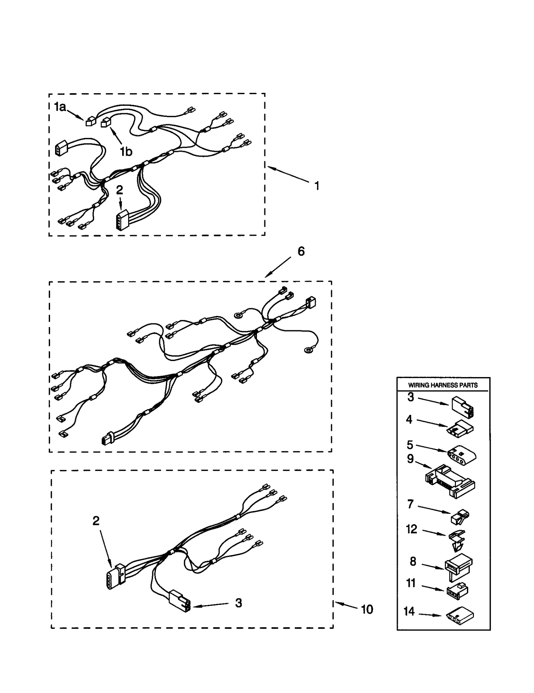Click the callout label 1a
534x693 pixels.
pos(60,107)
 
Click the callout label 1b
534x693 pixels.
pos(126,152)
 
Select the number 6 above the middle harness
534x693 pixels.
pos(301,251)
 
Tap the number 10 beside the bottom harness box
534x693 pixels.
pos(367,610)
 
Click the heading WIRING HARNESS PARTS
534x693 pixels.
pos(443,385)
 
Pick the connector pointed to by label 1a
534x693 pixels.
pos(90,122)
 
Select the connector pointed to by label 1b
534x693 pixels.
pos(105,123)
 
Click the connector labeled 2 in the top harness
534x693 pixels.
pos(121,220)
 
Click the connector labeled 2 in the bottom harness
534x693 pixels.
pos(115,577)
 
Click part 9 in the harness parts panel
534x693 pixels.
pos(450,481)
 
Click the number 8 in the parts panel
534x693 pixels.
pos(413,562)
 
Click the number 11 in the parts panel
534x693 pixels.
pos(411,583)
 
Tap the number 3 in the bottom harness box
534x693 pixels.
pos(238,603)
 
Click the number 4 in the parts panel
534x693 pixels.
pos(409,419)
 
